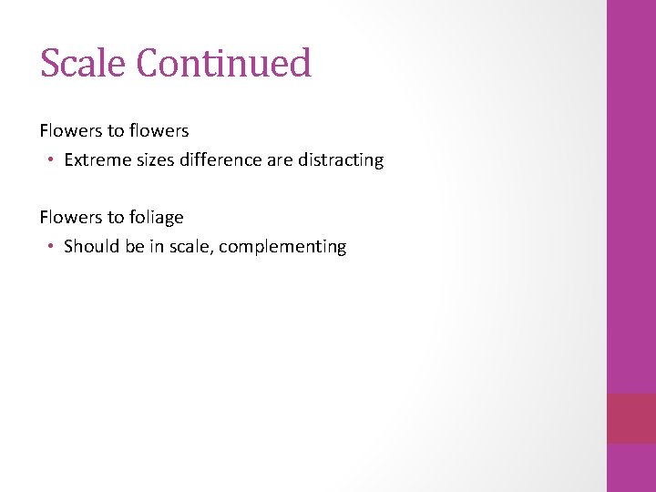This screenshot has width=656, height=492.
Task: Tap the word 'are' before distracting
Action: [279, 160]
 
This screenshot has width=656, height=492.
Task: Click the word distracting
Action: [341, 160]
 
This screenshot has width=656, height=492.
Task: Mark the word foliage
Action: [156, 218]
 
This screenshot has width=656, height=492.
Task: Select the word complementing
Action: [284, 247]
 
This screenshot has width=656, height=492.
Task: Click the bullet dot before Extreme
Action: [53, 160]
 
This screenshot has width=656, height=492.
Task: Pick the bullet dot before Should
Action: [53, 247]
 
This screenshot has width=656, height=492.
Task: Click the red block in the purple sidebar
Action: [630, 418]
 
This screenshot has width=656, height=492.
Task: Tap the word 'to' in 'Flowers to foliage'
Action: [115, 218]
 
